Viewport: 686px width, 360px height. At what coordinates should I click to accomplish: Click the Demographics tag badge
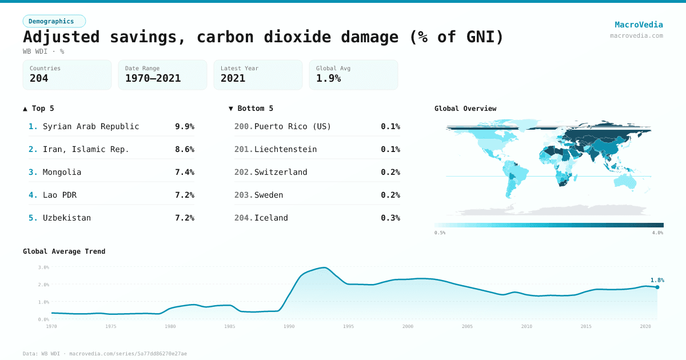(54, 21)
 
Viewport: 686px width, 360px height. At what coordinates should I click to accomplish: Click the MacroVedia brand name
(639, 25)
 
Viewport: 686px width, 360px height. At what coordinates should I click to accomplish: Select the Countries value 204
(39, 78)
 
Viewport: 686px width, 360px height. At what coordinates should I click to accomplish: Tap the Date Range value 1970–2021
(153, 78)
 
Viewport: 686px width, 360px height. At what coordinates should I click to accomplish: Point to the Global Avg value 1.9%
(328, 78)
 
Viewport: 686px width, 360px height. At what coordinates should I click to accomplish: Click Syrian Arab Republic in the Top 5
(91, 126)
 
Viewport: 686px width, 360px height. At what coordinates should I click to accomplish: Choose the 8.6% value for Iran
(184, 149)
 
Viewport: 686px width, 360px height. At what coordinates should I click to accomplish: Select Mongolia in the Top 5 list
(62, 172)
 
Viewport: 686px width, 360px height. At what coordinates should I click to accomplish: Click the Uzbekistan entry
(66, 218)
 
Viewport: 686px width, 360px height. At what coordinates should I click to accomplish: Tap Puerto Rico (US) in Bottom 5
(292, 126)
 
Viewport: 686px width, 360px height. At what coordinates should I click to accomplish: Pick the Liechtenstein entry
(285, 149)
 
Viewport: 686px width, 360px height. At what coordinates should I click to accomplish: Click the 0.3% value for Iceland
(390, 218)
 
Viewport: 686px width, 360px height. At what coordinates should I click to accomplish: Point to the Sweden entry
(269, 195)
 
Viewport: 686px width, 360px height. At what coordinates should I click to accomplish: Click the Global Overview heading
(465, 109)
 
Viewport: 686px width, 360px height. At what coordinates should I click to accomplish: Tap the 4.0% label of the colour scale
(657, 233)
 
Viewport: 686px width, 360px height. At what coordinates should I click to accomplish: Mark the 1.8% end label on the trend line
(657, 280)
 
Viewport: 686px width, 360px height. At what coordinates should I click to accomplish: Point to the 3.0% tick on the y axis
(43, 267)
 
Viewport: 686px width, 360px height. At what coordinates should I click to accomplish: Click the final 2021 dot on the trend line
(657, 287)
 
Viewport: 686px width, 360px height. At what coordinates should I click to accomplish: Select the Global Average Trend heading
(64, 251)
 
